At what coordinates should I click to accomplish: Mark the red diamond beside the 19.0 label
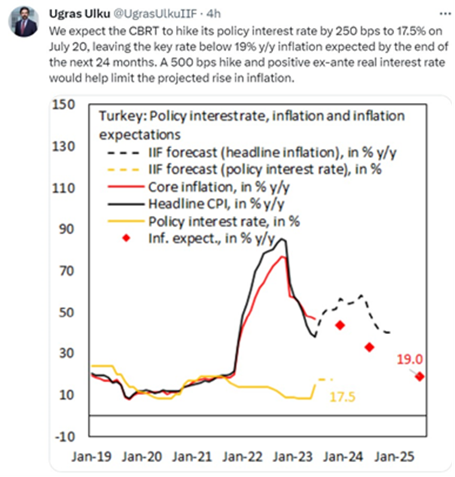(420, 376)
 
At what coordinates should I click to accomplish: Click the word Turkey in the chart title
(122, 117)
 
